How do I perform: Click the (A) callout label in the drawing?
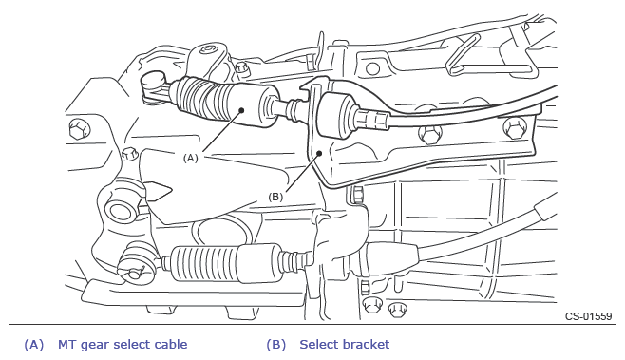coord(190,158)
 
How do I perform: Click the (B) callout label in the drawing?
coord(275,197)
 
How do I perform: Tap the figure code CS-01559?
coord(588,316)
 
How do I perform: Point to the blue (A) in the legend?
coord(34,345)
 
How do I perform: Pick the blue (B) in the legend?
coord(276,345)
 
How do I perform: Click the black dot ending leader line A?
coord(240,110)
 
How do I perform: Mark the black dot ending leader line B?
coord(319,153)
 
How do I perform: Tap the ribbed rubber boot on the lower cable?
coord(204,264)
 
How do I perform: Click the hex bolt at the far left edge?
coord(78,130)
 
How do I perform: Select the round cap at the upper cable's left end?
coord(154,80)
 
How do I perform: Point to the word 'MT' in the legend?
coord(67,345)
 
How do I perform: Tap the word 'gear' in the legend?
coord(95,345)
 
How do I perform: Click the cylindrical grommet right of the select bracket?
coord(335,115)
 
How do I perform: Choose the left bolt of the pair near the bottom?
coord(372,305)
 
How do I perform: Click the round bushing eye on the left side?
coord(120,211)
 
